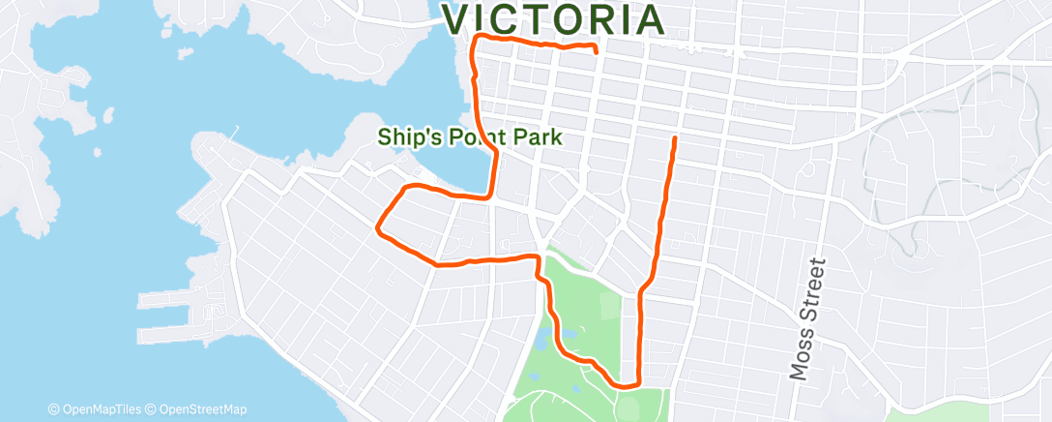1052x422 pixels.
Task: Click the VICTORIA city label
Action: tap(554, 19)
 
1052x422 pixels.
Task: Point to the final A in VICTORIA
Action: tap(648, 19)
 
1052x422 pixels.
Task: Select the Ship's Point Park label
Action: tap(469, 137)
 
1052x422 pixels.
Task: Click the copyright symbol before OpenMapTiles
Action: tap(54, 409)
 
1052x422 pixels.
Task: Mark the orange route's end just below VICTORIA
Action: tap(596, 49)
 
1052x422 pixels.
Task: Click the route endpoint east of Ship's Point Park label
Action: tap(674, 139)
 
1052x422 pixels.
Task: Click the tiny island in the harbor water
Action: tap(98, 152)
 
